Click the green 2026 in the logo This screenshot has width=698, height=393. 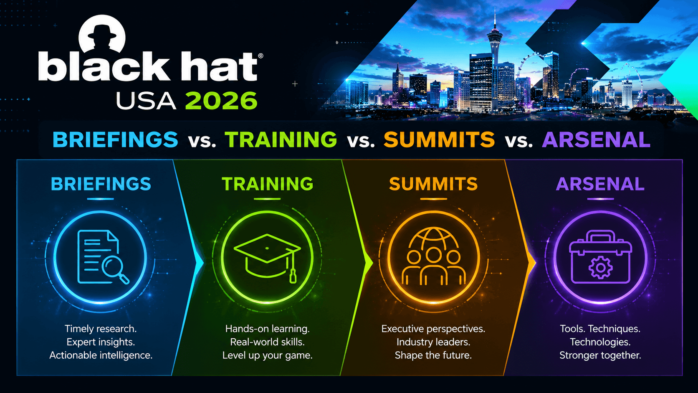click(221, 101)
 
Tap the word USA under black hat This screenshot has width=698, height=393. click(146, 101)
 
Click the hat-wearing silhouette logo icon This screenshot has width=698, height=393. click(102, 35)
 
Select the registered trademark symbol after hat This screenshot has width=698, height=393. click(260, 56)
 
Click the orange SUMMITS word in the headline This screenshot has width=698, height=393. click(439, 139)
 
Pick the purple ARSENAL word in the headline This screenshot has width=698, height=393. click(596, 139)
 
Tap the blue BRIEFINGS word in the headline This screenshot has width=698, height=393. click(115, 139)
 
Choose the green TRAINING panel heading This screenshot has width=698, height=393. click(267, 184)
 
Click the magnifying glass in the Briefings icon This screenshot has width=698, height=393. click(114, 269)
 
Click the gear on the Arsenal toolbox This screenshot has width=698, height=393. click(600, 267)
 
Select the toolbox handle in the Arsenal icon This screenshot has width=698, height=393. click(600, 236)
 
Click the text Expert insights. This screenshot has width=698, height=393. click(101, 342)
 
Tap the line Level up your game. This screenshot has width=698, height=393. click(267, 355)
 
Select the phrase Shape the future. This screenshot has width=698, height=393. click(433, 355)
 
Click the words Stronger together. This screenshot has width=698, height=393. click(600, 355)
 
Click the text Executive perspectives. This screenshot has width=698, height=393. click(433, 329)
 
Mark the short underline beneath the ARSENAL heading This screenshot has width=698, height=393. click(600, 199)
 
